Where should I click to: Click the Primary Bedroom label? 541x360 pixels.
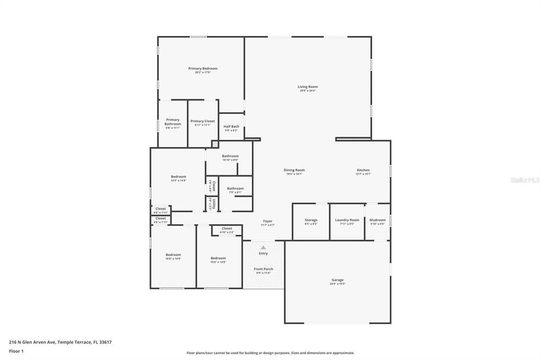pyautogui.click(x=203, y=69)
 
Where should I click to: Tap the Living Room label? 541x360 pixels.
pyautogui.click(x=307, y=87)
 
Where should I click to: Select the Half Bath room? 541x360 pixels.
pyautogui.click(x=231, y=127)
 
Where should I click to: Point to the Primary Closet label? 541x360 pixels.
pyautogui.click(x=202, y=121)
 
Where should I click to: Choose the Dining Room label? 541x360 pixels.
pyautogui.click(x=294, y=170)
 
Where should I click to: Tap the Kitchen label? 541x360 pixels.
pyautogui.click(x=363, y=170)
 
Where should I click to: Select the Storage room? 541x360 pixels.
pyautogui.click(x=311, y=221)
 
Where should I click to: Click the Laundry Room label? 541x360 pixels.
pyautogui.click(x=347, y=220)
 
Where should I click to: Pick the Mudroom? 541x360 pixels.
pyautogui.click(x=377, y=221)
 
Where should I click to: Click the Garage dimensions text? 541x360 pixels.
pyautogui.click(x=337, y=284)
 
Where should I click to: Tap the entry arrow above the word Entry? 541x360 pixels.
pyautogui.click(x=263, y=247)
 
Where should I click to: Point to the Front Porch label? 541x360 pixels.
pyautogui.click(x=263, y=269)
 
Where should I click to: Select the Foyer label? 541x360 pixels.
pyautogui.click(x=268, y=221)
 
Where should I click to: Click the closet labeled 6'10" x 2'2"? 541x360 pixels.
pyautogui.click(x=227, y=230)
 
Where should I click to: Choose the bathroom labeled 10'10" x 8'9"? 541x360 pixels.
pyautogui.click(x=230, y=157)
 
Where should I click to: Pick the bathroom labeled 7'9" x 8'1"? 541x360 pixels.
pyautogui.click(x=235, y=190)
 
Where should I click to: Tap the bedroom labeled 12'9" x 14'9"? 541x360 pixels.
pyautogui.click(x=178, y=178)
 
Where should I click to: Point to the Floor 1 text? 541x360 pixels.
pyautogui.click(x=16, y=351)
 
